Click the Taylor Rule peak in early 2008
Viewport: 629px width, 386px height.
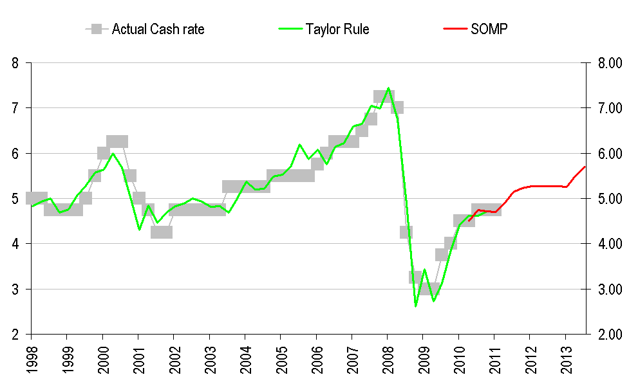tap(388, 88)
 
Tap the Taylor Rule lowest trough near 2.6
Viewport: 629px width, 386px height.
tap(415, 306)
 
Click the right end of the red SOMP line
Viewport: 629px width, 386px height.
tap(584, 167)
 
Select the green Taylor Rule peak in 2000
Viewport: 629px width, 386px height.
tap(113, 153)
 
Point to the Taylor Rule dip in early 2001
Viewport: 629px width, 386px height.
tap(139, 230)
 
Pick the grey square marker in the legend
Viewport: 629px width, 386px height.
tap(97, 29)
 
